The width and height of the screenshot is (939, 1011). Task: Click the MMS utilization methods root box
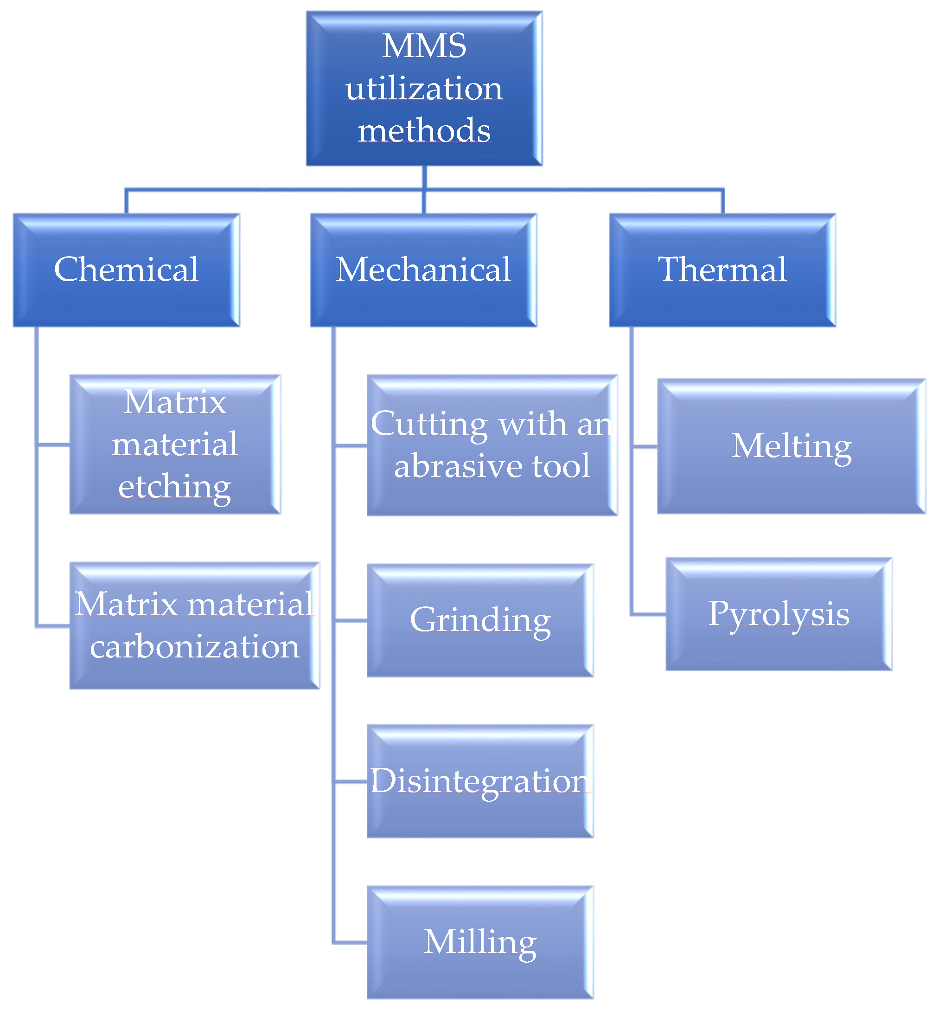click(424, 89)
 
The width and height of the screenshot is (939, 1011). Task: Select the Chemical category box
click(126, 270)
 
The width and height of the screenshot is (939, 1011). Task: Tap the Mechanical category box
click(423, 270)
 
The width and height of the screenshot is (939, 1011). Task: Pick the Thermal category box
click(722, 270)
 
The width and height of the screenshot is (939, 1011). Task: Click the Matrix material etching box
click(175, 444)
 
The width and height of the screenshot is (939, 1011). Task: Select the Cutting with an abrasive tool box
click(492, 445)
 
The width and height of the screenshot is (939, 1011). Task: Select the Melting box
click(791, 446)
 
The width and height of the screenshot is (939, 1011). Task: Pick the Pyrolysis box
click(779, 613)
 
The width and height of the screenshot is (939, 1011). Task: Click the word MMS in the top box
click(424, 46)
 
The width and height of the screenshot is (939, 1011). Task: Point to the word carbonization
click(194, 647)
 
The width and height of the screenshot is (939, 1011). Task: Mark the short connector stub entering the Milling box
click(351, 942)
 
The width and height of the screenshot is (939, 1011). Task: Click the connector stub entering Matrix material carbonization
click(53, 626)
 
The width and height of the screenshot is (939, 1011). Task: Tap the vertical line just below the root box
click(424, 177)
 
